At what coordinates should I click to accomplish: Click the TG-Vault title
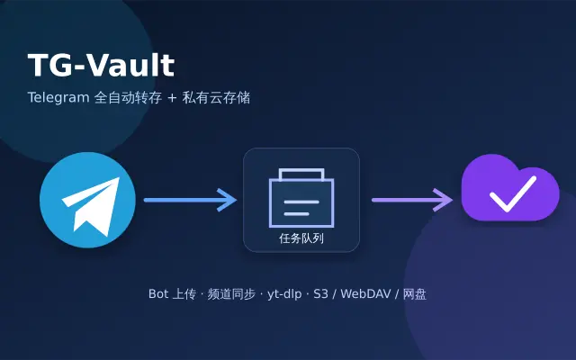[x=101, y=66]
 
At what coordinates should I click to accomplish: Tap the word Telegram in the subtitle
[x=58, y=98]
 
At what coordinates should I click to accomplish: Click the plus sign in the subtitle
[x=172, y=98]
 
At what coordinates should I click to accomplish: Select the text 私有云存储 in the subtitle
[x=216, y=98]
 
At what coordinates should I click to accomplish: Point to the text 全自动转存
[x=128, y=98]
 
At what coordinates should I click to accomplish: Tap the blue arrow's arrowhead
[x=228, y=200]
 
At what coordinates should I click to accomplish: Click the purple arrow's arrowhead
[x=443, y=200]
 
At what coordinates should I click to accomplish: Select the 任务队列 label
[x=301, y=238]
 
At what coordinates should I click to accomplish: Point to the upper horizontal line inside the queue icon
[x=301, y=202]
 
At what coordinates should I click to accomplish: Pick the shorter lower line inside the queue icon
[x=296, y=214]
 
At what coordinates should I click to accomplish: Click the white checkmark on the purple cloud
[x=513, y=194]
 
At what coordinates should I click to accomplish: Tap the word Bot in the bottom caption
[x=158, y=294]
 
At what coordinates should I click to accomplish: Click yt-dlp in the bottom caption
[x=284, y=294]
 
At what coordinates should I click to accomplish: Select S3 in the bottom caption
[x=320, y=294]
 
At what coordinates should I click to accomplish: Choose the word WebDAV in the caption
[x=365, y=294]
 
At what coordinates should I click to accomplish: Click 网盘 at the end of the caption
[x=415, y=294]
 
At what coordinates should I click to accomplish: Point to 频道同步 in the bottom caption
[x=231, y=294]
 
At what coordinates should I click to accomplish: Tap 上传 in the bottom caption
[x=184, y=294]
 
